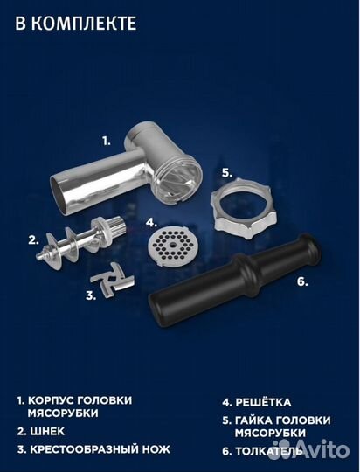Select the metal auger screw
click(x=80, y=240)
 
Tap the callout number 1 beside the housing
click(x=106, y=140)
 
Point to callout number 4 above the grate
click(x=150, y=222)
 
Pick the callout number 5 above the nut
click(x=225, y=172)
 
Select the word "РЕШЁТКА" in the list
click(x=272, y=403)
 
